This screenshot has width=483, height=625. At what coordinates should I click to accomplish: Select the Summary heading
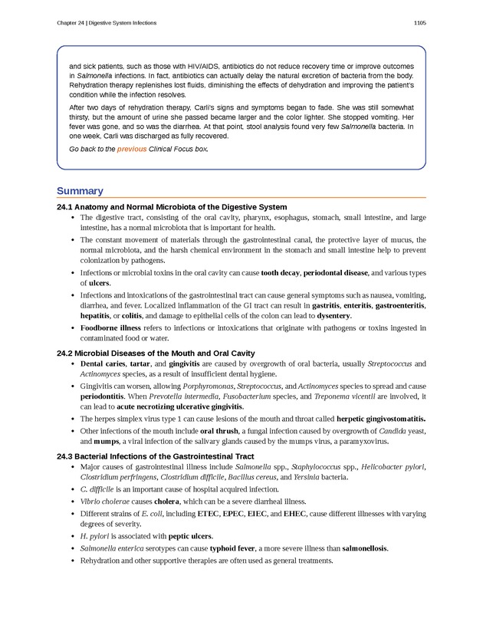tap(80, 191)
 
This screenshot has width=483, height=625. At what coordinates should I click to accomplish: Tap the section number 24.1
tap(64, 207)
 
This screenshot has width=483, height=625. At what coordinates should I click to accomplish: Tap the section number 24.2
tap(64, 353)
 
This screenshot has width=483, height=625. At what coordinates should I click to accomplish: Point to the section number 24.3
tap(64, 456)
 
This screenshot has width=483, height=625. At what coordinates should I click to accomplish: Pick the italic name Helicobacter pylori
tap(393, 466)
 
